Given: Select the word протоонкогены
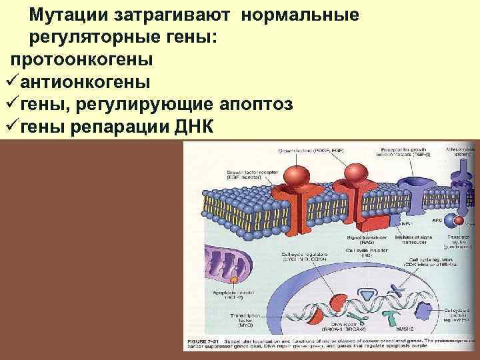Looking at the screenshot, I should [x=81, y=59].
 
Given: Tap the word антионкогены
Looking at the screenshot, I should [x=85, y=82].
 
